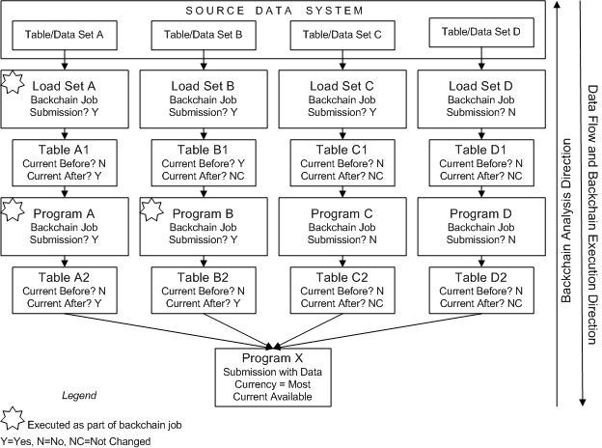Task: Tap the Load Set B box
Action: (x=204, y=98)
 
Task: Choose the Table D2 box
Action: (x=479, y=290)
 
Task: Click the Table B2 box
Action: (x=204, y=290)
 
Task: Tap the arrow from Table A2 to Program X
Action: (x=164, y=329)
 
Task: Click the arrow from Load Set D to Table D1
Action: (x=479, y=134)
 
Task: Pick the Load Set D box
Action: (x=479, y=98)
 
